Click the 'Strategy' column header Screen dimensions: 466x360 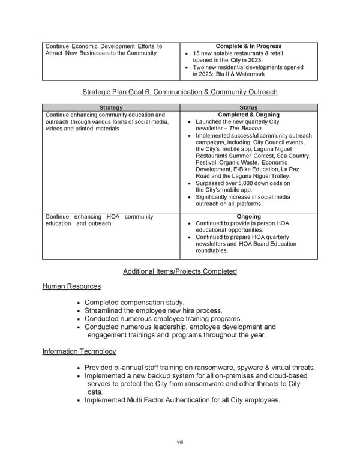[111, 108]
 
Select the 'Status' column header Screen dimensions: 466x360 [248, 108]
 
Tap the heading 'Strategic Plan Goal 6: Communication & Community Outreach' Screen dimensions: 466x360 [179, 92]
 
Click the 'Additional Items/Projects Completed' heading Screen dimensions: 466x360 [179, 271]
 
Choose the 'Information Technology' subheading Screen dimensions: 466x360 [79, 351]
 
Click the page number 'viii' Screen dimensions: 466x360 [179, 442]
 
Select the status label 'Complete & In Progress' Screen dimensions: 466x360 [248, 46]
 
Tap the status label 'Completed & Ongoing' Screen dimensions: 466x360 [248, 115]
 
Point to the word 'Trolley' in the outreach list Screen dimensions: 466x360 [277, 177]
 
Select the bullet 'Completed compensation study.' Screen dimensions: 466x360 [134, 302]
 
